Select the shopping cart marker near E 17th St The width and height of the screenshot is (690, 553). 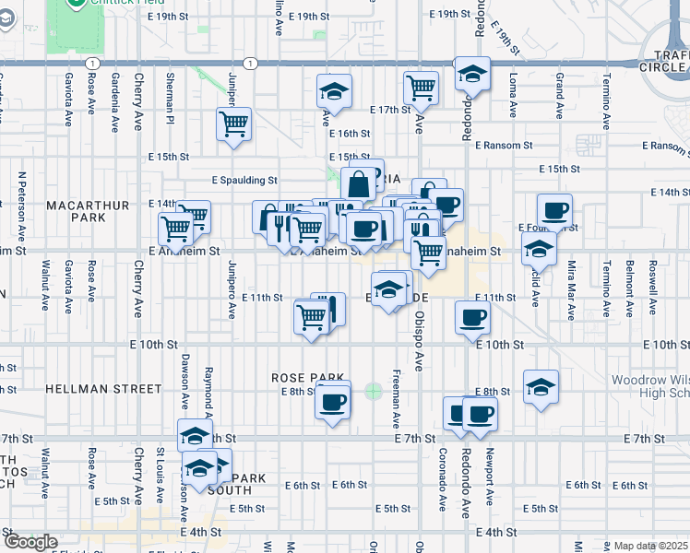pyautogui.click(x=421, y=88)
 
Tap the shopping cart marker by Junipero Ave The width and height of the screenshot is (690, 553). pyautogui.click(x=234, y=124)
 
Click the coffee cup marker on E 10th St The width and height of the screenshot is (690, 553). pyautogui.click(x=472, y=318)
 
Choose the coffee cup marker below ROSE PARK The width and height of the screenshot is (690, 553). pyautogui.click(x=333, y=401)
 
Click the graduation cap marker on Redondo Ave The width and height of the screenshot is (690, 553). pyautogui.click(x=472, y=75)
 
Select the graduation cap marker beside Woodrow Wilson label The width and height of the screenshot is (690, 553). pyautogui.click(x=541, y=387)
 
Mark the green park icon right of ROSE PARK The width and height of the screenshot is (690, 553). pyautogui.click(x=374, y=391)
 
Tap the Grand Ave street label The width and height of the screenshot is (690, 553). pyautogui.click(x=559, y=96)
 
